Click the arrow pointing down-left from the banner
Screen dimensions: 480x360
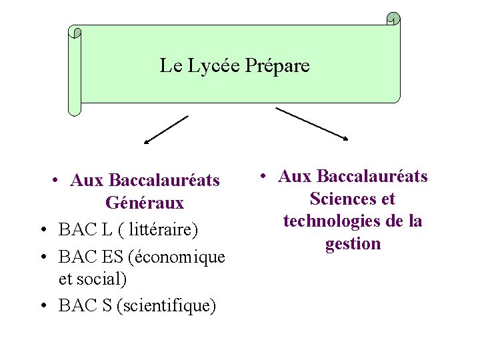166,129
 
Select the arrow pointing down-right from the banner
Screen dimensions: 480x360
312,124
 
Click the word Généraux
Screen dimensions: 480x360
144,202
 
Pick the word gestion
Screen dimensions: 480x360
353,243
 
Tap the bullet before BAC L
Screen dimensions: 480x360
42,231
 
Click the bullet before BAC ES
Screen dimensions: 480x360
42,257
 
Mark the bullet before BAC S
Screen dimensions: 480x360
42,306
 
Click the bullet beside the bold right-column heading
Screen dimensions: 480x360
264,177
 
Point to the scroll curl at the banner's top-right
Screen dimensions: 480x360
394,19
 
